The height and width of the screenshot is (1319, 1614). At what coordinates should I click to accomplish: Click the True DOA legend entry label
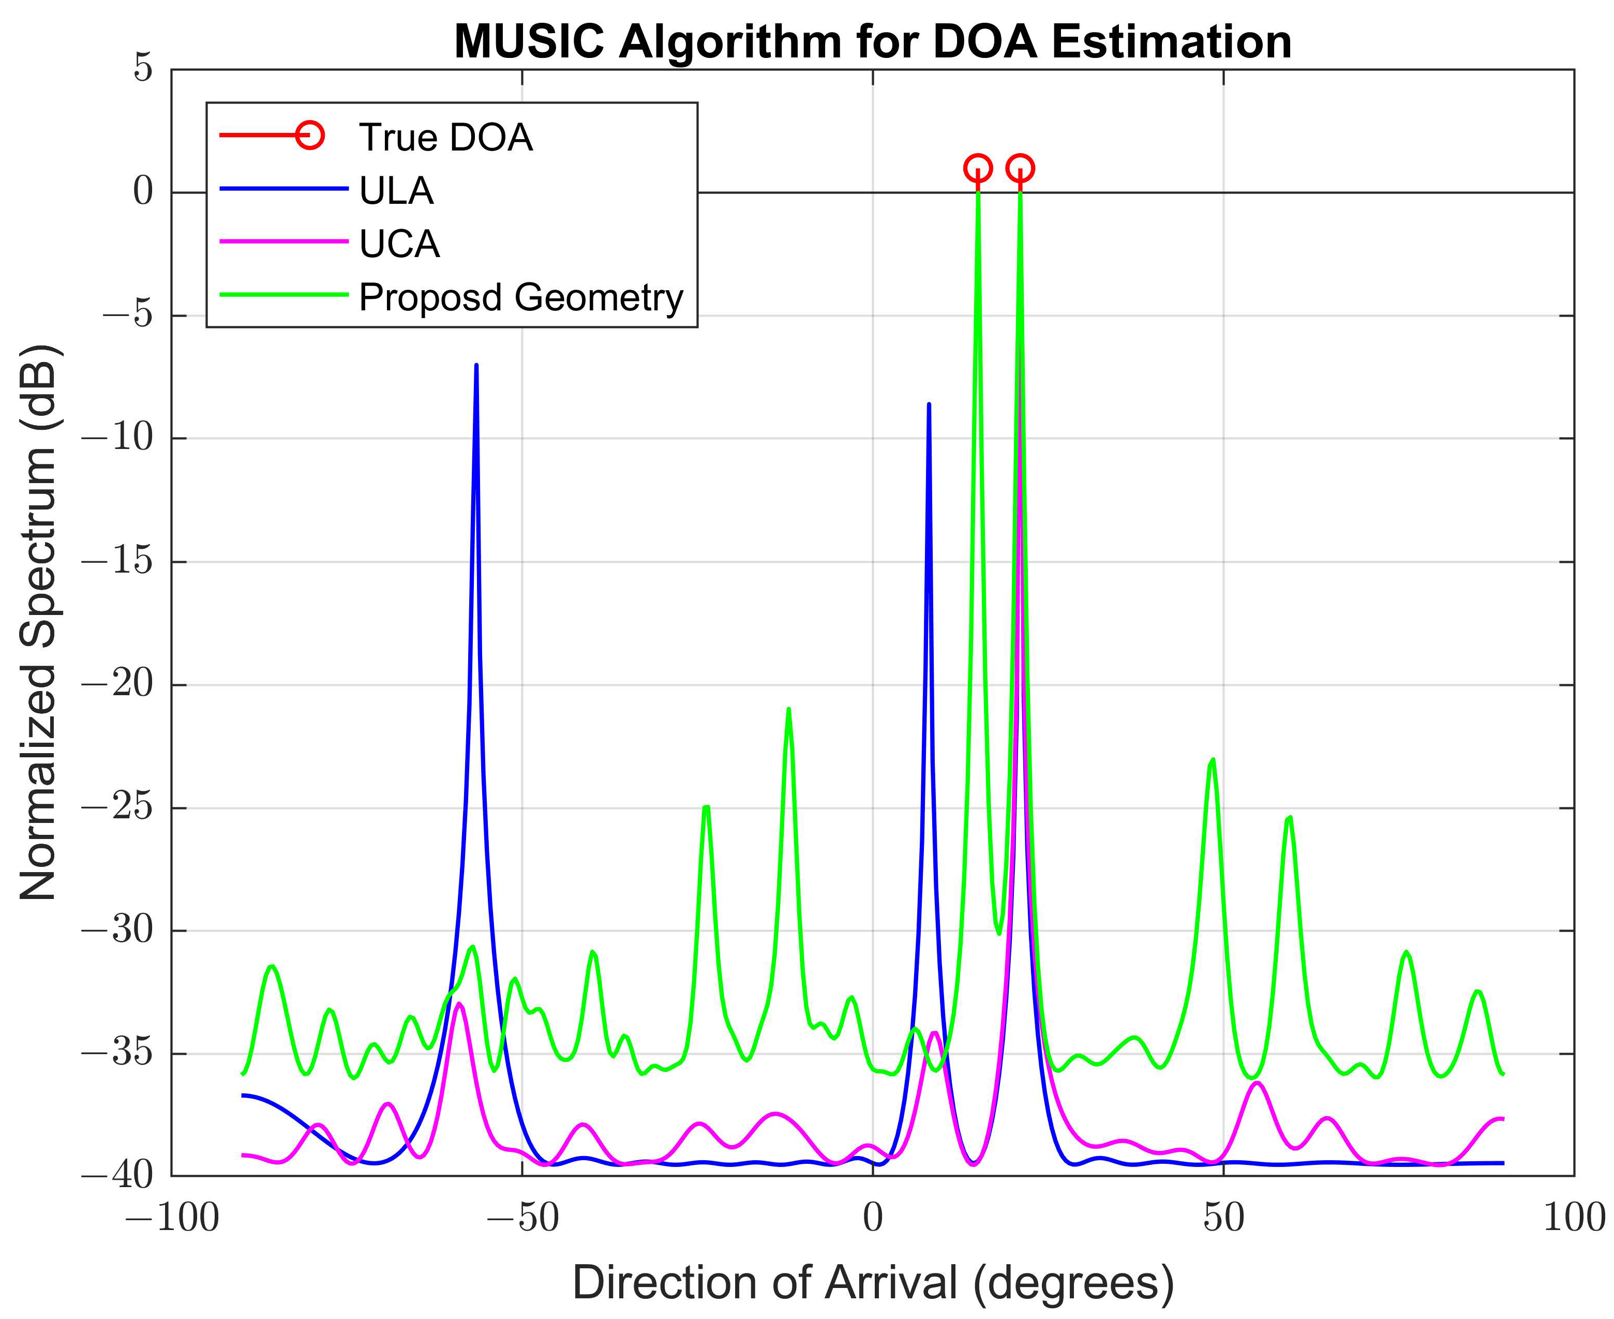pyautogui.click(x=445, y=138)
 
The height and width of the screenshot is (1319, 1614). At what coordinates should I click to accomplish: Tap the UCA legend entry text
pyautogui.click(x=399, y=244)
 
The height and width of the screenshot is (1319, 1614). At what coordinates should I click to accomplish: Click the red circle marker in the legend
pyautogui.click(x=310, y=136)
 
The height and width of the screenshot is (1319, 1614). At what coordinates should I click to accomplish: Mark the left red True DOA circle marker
pyautogui.click(x=978, y=168)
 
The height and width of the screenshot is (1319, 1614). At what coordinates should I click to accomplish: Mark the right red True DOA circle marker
pyautogui.click(x=1020, y=168)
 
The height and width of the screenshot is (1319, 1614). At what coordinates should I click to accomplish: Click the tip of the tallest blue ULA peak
pyautogui.click(x=476, y=366)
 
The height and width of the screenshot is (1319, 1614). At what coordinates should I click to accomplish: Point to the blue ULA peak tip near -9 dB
pyautogui.click(x=929, y=405)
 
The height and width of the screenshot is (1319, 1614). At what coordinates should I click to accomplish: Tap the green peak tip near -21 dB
pyautogui.click(x=789, y=710)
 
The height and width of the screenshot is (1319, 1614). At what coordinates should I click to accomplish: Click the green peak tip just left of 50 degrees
pyautogui.click(x=1213, y=760)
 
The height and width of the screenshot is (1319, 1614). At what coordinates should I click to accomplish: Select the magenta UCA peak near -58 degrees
pyautogui.click(x=459, y=1005)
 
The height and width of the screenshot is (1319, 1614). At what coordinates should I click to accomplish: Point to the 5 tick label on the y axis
pyautogui.click(x=143, y=68)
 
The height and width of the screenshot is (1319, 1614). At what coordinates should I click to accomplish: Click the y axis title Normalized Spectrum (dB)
pyautogui.click(x=38, y=623)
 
